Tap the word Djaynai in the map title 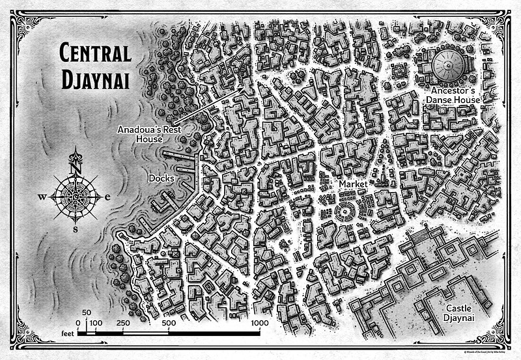click(96, 79)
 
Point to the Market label click(352, 185)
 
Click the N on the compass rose click(76, 167)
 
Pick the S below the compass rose click(76, 228)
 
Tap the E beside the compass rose click(108, 197)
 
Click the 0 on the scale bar click(77, 323)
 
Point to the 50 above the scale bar click(86, 313)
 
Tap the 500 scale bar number click(169, 323)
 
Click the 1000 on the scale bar click(259, 323)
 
